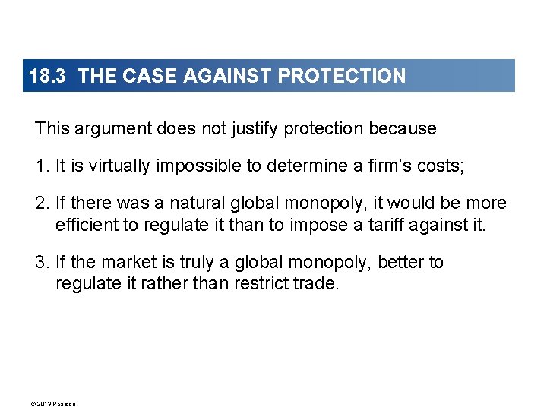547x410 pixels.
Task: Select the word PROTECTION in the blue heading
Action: (342, 76)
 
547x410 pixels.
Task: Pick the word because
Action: (403, 129)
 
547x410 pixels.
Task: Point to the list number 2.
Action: (41, 203)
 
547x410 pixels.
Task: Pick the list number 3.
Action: (41, 263)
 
